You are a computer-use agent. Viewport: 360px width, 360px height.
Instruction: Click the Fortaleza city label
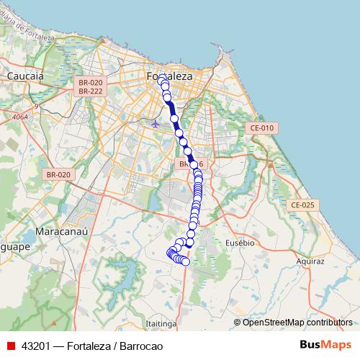(x=169, y=76)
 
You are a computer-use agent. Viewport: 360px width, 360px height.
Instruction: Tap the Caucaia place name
(x=25, y=75)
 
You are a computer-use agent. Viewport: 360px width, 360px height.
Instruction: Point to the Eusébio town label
(x=240, y=243)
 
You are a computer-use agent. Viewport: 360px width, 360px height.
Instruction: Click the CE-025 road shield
(x=303, y=205)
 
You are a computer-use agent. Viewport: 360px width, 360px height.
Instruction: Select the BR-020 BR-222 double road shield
(x=91, y=87)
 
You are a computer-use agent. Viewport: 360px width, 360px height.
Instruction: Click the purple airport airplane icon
(x=156, y=123)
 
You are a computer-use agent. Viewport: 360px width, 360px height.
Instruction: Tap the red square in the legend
(x=11, y=346)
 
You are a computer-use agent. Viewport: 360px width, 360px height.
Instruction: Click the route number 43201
(x=37, y=346)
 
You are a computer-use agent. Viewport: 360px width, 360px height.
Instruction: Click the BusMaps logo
(x=325, y=345)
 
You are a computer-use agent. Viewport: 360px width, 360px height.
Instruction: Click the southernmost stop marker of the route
(x=185, y=262)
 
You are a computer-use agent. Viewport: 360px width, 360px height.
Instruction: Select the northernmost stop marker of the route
(x=162, y=79)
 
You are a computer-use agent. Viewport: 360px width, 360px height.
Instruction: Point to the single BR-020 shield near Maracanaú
(x=58, y=174)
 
